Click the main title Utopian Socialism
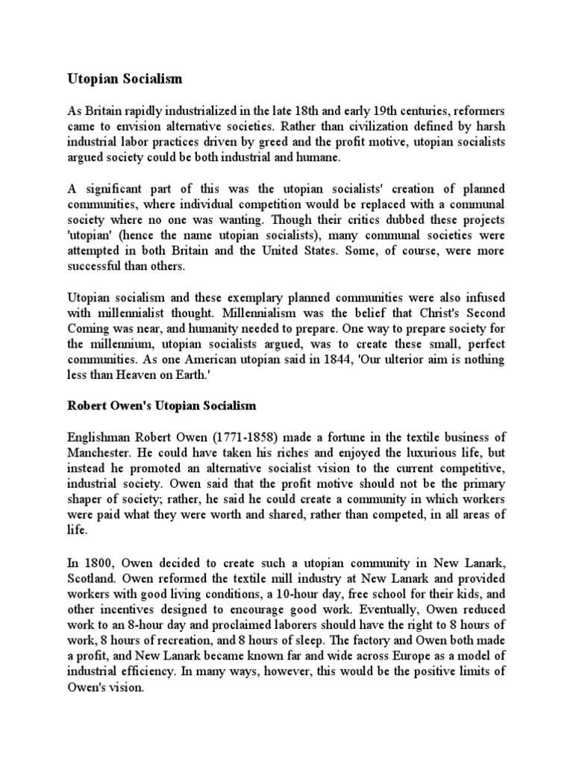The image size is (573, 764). click(x=125, y=78)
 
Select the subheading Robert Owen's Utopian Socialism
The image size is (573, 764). click(x=162, y=406)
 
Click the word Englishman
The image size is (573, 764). click(x=100, y=437)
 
